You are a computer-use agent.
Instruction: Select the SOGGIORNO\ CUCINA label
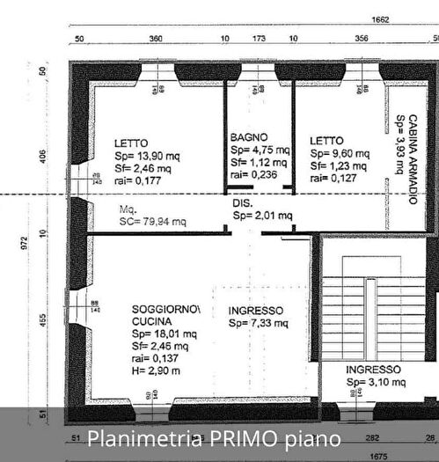pos(165,315)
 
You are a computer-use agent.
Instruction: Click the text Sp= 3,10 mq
pos(376,383)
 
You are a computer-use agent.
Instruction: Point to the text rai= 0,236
pos(252,174)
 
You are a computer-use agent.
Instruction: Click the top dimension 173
pos(260,40)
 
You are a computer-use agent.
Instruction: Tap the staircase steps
pos(370,308)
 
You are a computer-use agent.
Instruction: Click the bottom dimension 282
pos(372,436)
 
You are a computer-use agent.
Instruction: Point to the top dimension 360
pos(156,40)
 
